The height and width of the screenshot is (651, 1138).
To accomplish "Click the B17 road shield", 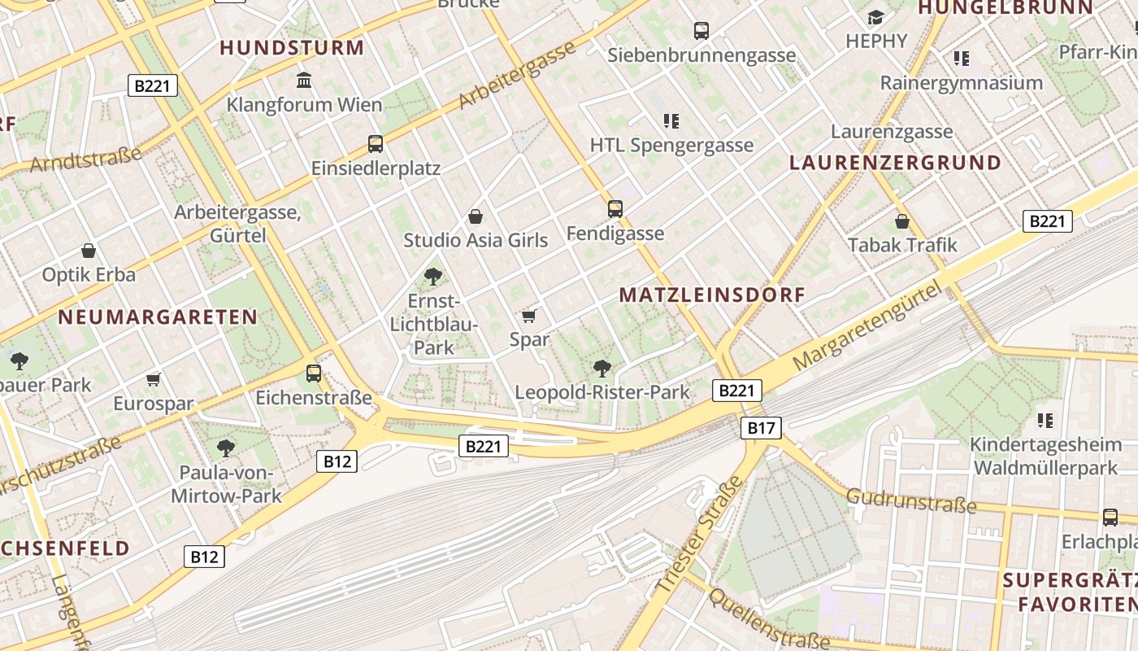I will point(761,427).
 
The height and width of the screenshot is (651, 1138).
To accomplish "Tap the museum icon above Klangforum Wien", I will point(305,80).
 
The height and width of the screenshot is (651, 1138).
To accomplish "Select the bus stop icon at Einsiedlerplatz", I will point(376,144).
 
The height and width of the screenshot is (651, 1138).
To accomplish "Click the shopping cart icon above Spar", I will point(529,316).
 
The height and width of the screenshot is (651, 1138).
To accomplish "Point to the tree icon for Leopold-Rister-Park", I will point(602,369).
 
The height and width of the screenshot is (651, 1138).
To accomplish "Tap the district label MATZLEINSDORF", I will point(712,295).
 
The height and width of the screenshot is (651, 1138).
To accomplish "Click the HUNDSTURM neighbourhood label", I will point(292,47).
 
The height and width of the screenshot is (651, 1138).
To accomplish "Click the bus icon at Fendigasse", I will point(615,209).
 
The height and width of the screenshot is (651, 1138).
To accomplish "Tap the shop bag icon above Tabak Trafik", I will point(902,221).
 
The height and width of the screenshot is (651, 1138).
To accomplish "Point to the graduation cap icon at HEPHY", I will point(875,18).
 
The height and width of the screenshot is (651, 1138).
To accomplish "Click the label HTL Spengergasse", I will point(671,146).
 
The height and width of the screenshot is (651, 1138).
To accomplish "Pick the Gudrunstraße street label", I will point(911,500).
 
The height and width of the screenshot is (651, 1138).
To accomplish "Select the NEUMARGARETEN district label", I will point(158,317).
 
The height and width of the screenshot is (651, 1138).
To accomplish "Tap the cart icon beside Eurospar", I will point(154,379).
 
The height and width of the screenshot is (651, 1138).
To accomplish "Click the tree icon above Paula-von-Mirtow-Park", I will point(226,448).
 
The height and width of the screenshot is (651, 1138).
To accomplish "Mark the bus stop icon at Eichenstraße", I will point(314,374).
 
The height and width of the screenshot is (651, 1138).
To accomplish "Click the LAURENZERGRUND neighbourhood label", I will point(895,162).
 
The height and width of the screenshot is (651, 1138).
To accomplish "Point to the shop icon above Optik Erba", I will point(89,251).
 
